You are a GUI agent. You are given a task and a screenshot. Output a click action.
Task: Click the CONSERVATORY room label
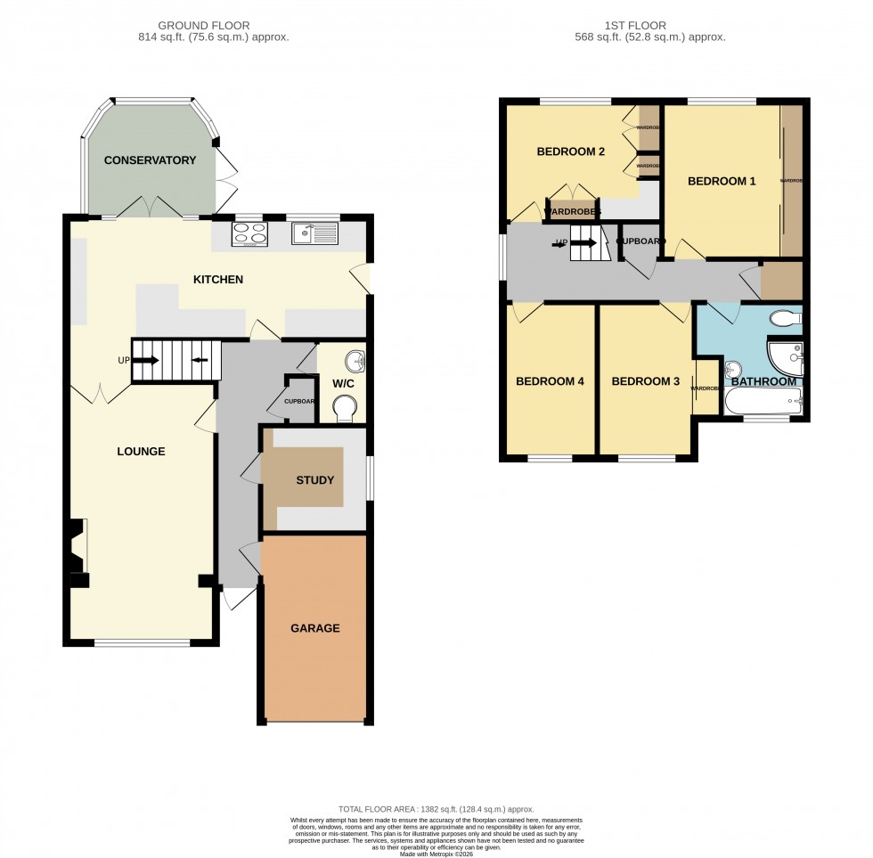150,160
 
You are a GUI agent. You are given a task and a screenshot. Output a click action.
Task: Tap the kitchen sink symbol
315,234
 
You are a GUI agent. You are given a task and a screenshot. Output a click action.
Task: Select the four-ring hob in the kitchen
250,234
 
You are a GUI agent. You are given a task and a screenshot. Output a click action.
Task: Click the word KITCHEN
218,280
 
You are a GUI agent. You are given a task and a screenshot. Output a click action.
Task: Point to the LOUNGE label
141,452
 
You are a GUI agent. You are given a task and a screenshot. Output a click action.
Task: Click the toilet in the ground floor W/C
344,408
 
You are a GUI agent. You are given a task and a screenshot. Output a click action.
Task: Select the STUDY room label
315,480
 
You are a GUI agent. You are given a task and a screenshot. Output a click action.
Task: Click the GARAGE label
314,628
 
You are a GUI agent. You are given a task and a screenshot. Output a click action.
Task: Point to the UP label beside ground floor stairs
123,361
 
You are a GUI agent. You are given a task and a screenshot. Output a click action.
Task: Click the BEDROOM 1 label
722,181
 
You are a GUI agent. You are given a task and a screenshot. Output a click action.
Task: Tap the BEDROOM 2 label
570,151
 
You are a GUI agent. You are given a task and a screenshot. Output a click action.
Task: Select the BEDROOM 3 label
645,381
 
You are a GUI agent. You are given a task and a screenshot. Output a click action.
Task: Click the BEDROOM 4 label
550,381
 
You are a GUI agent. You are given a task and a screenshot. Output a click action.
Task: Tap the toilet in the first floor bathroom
785,317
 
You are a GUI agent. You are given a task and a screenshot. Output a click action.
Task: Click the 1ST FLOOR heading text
650,26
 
